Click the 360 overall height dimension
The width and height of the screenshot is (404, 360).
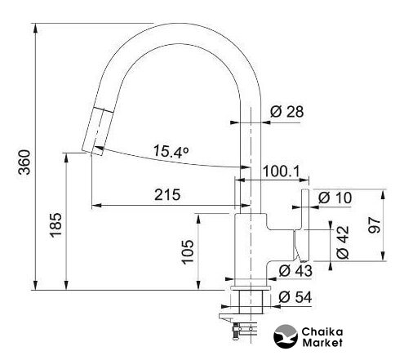tap(24, 162)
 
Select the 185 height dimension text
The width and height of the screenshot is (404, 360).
tap(56, 225)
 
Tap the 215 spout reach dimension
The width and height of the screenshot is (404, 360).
tap(167, 195)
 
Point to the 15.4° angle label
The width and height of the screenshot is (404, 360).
tap(171, 151)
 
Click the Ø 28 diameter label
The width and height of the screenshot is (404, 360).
tap(287, 111)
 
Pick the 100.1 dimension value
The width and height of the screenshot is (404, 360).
tap(282, 171)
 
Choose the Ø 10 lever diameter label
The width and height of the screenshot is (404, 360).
tap(335, 198)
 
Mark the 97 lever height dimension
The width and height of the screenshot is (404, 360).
tap(375, 225)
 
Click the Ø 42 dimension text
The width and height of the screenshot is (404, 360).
tap(343, 242)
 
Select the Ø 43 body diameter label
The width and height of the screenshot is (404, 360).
tap(295, 271)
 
